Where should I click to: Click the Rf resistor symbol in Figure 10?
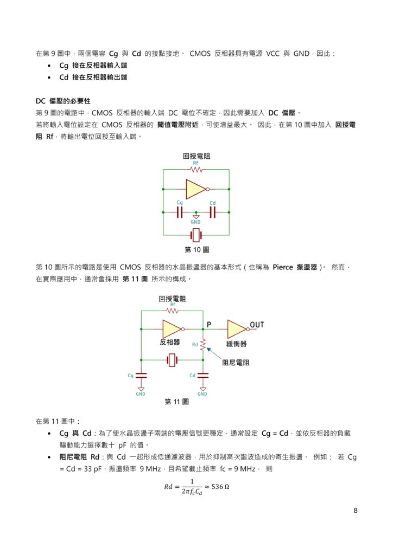pyautogui.click(x=196, y=169)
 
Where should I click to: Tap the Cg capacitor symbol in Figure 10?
pyautogui.click(x=180, y=212)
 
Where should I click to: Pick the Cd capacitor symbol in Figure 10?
pyautogui.click(x=213, y=212)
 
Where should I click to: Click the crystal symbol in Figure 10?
pyautogui.click(x=196, y=235)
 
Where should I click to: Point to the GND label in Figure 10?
pyautogui.click(x=196, y=222)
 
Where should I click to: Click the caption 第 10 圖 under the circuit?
pyautogui.click(x=197, y=250)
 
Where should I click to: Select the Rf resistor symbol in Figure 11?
pyautogui.click(x=172, y=312)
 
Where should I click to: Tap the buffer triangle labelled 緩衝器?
pyautogui.click(x=237, y=328)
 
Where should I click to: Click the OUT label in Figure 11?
pyautogui.click(x=257, y=325)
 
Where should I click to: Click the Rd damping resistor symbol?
pyautogui.click(x=203, y=344)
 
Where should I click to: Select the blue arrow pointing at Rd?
pyautogui.click(x=215, y=353)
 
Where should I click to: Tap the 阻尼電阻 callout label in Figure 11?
pyautogui.click(x=237, y=363)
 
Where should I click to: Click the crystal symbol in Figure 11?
pyautogui.click(x=172, y=359)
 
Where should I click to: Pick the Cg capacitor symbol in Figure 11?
pyautogui.click(x=141, y=375)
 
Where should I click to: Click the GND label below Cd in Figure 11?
pyautogui.click(x=203, y=394)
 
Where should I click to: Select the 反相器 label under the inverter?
pyautogui.click(x=170, y=343)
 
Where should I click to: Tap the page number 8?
pyautogui.click(x=355, y=511)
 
